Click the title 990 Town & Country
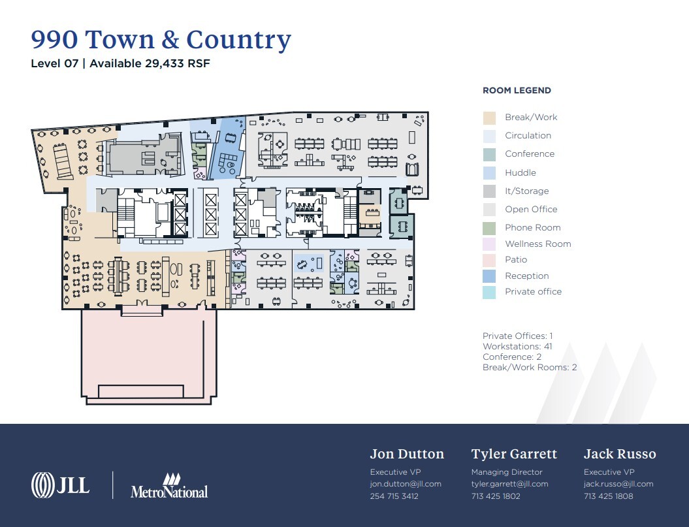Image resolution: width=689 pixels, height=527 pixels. pyautogui.click(x=161, y=40)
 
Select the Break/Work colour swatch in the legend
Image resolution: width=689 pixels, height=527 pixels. pyautogui.click(x=489, y=118)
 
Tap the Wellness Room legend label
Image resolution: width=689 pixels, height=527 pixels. pyautogui.click(x=537, y=244)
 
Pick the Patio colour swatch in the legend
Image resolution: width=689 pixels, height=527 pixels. pyautogui.click(x=489, y=260)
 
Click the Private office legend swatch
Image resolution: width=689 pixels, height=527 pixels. pyautogui.click(x=489, y=292)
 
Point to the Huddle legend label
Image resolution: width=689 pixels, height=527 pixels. pyautogui.click(x=520, y=173)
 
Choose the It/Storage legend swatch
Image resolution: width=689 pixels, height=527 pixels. pyautogui.click(x=489, y=191)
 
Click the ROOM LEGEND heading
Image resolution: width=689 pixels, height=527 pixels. pyautogui.click(x=517, y=91)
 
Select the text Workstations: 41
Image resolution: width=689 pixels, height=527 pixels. pyautogui.click(x=517, y=347)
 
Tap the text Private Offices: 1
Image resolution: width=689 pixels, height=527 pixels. pyautogui.click(x=518, y=336)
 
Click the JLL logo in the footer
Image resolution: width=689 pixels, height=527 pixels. pyautogui.click(x=60, y=485)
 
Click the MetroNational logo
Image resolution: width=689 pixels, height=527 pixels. pyautogui.click(x=169, y=486)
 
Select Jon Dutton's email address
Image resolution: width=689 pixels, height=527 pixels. pyautogui.click(x=406, y=484)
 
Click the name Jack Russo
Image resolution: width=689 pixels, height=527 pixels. pyautogui.click(x=619, y=454)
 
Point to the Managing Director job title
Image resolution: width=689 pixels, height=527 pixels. pyautogui.click(x=507, y=472)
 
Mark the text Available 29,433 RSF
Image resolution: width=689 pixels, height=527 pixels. pyautogui.click(x=150, y=64)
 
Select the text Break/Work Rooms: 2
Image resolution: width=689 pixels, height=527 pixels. pyautogui.click(x=530, y=368)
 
